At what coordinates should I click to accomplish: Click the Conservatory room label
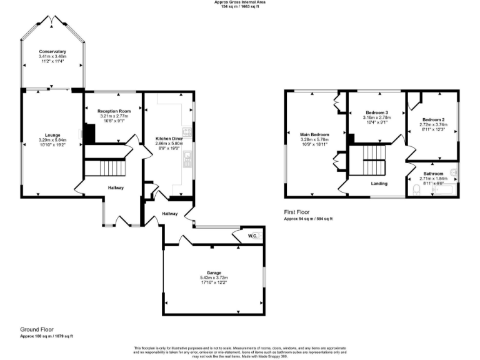coord(52,51)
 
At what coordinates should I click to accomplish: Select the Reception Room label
coord(113,111)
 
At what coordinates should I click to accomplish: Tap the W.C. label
coord(252,236)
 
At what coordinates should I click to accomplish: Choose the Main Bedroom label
coord(314,134)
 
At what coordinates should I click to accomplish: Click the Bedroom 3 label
coord(376,112)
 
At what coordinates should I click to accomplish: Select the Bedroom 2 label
coord(433,119)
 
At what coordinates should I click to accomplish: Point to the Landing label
coord(379,184)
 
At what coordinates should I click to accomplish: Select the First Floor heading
coord(296,212)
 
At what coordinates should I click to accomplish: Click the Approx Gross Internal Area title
coord(239,2)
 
